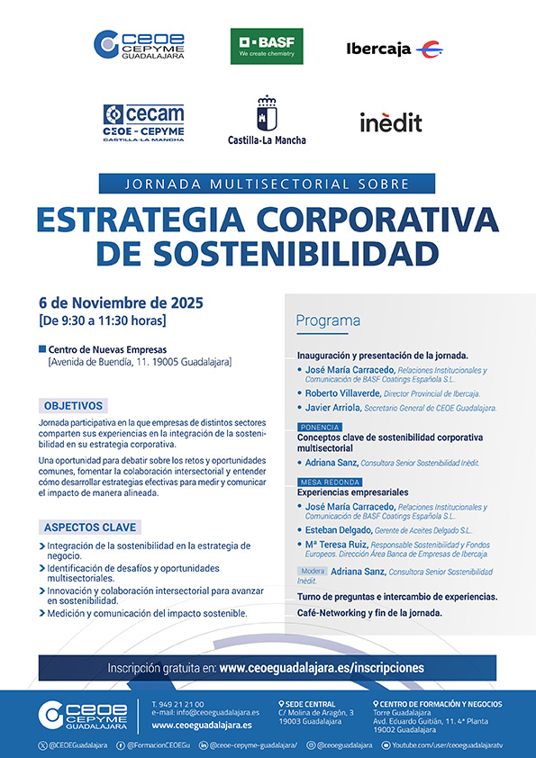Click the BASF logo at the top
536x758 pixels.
click(x=267, y=47)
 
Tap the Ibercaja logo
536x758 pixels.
click(x=394, y=49)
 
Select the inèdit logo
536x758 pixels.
click(x=390, y=122)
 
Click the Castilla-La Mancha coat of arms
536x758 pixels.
click(x=266, y=114)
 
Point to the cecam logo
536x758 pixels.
click(x=143, y=122)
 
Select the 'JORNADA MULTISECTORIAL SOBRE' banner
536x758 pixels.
click(x=267, y=184)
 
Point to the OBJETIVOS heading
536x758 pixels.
click(x=74, y=406)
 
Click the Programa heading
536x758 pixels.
click(x=328, y=320)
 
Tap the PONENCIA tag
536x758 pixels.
click(x=320, y=427)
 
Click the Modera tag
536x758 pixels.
click(x=313, y=572)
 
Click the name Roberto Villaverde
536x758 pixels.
click(x=341, y=393)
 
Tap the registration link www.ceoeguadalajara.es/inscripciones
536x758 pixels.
click(x=321, y=668)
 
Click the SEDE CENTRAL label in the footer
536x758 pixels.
click(x=310, y=704)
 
